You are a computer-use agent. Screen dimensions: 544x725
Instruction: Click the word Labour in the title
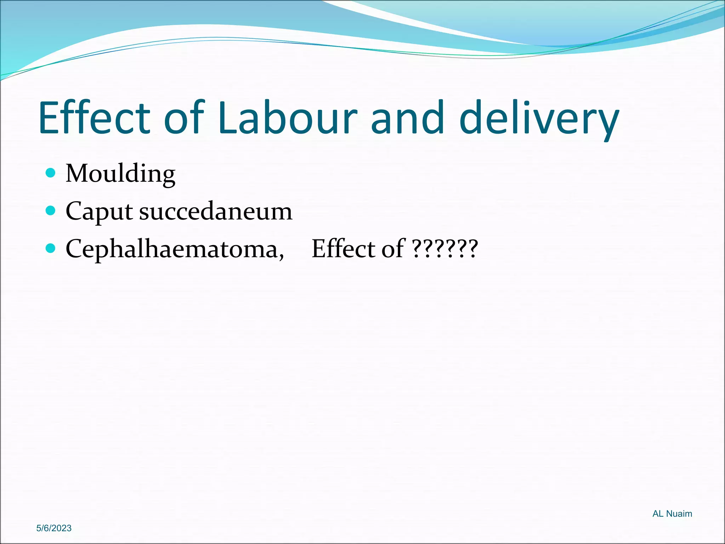click(x=287, y=118)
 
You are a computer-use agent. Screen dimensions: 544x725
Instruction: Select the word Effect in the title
click(x=95, y=118)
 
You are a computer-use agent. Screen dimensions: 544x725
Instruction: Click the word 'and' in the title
click(x=407, y=118)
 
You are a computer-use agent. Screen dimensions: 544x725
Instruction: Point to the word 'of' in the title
click(x=184, y=118)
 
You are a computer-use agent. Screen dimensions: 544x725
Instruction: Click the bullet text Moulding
click(x=120, y=174)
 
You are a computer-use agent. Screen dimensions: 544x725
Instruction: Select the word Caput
click(x=99, y=211)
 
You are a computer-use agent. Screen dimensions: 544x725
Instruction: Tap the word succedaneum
click(x=216, y=211)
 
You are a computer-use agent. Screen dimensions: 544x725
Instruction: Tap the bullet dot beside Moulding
click(x=51, y=173)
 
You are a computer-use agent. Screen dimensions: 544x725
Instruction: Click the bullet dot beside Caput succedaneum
click(x=51, y=211)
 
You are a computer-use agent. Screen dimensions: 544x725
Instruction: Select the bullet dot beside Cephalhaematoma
click(x=51, y=248)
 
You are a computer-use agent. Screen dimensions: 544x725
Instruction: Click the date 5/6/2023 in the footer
click(x=54, y=528)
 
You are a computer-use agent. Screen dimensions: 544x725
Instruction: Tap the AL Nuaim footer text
click(x=672, y=514)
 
